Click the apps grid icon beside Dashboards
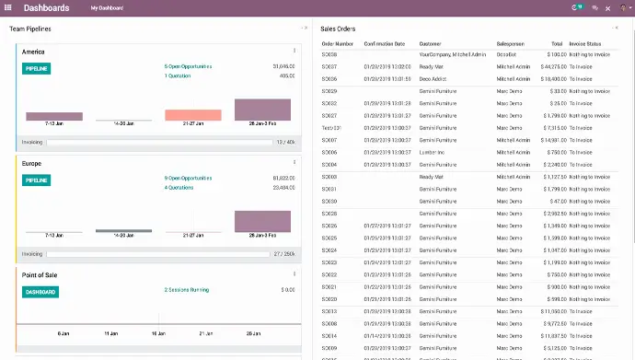pos(8,7)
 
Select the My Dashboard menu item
pos(107,8)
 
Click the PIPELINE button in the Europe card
pos(36,180)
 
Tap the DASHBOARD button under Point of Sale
pos(40,292)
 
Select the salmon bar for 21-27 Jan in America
pos(192,115)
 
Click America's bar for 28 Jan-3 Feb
pos(262,110)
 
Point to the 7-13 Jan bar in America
pos(54,117)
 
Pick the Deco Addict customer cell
pos(435,79)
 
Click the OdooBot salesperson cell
pos(509,55)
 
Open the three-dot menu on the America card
pos(294,51)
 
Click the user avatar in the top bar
pos(622,8)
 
